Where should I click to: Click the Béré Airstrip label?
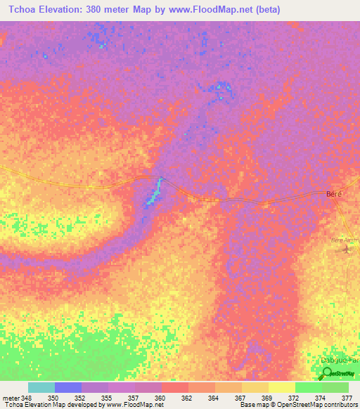click(x=345, y=240)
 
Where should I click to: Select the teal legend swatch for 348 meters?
click(x=41, y=387)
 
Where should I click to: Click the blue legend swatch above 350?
click(x=67, y=387)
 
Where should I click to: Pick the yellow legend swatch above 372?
click(x=281, y=387)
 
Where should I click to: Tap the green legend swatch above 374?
click(x=308, y=387)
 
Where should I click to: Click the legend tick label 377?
click(x=347, y=398)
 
